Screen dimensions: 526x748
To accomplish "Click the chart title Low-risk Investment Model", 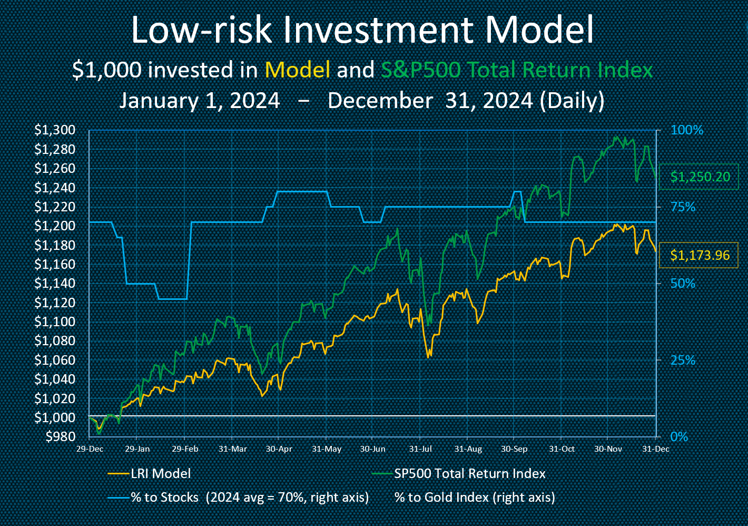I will click(x=362, y=30).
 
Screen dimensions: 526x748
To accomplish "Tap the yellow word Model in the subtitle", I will click(x=298, y=70).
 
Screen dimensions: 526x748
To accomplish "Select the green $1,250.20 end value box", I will click(x=700, y=177).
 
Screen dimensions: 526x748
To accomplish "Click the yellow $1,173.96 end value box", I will click(x=700, y=256).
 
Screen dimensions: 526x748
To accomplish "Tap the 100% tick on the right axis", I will click(x=686, y=130).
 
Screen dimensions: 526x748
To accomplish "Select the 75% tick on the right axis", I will click(x=683, y=207).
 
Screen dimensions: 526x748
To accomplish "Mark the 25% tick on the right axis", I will click(x=683, y=361).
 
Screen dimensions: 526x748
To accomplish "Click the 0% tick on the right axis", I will click(x=679, y=437).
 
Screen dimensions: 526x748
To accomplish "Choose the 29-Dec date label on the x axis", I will click(x=90, y=449).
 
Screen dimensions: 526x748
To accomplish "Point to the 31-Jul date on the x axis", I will click(x=420, y=449).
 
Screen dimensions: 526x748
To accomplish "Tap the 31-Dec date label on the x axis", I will click(x=656, y=449).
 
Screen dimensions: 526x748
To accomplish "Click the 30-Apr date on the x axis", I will click(x=279, y=449).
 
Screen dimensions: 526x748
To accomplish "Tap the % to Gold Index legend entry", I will click(x=474, y=498).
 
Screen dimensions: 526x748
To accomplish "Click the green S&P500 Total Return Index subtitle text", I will click(x=517, y=70).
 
